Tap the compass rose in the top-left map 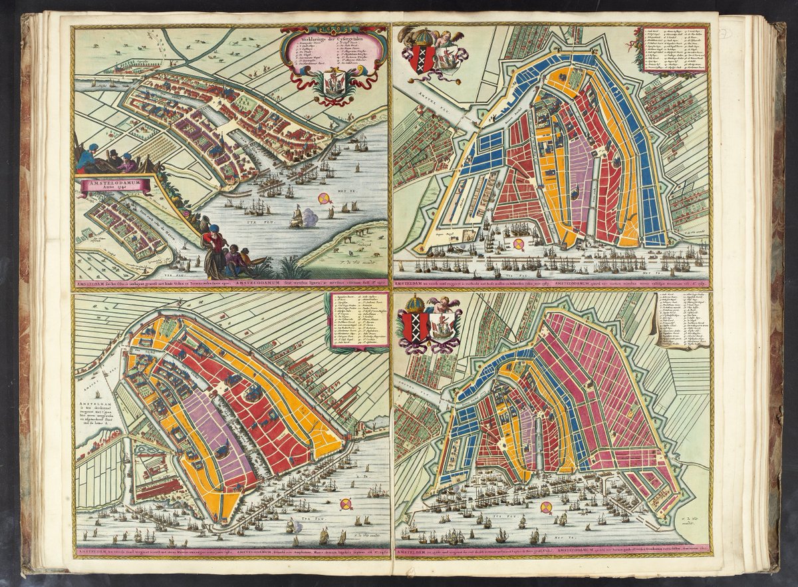(x=324, y=198)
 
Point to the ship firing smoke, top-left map (x=297, y=214)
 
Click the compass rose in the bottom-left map (x=346, y=504)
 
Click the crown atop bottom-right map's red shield (x=416, y=304)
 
